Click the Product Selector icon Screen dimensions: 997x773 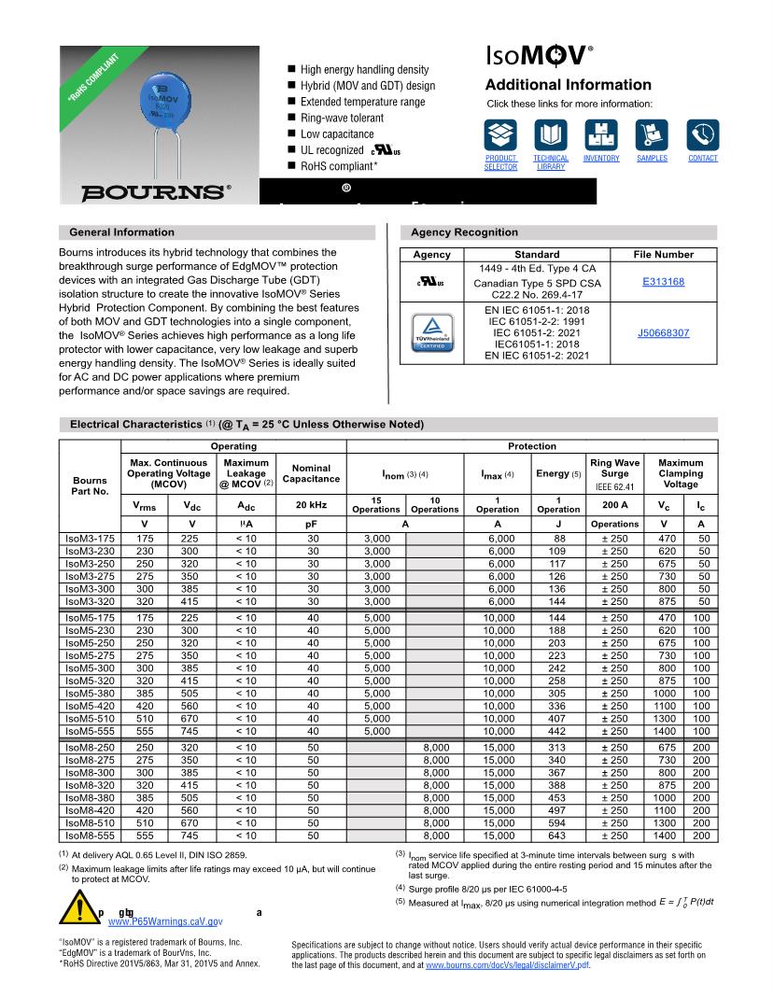[x=500, y=135]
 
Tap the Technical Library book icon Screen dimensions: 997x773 [x=551, y=135]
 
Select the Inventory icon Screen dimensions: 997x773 [x=601, y=135]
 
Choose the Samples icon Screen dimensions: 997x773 [x=652, y=135]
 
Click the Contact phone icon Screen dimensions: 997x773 [x=702, y=135]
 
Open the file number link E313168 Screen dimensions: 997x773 [x=663, y=281]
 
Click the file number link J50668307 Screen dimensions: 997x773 [x=663, y=332]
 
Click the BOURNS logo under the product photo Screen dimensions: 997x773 [x=156, y=192]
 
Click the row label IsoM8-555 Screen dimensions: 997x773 [x=90, y=836]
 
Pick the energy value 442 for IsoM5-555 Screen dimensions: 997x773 [x=559, y=730]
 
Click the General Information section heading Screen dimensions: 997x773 [x=121, y=232]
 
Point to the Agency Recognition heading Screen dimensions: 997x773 [x=464, y=232]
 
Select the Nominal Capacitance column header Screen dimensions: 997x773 [x=311, y=473]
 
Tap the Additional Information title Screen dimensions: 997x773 [x=569, y=85]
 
